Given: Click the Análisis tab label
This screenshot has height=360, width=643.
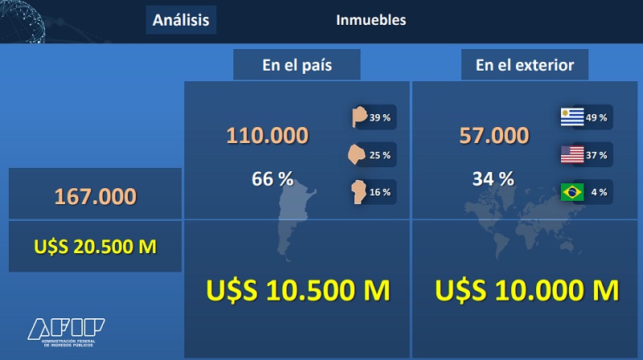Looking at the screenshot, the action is [x=181, y=20].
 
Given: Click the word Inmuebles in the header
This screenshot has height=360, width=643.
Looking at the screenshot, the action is [x=371, y=19].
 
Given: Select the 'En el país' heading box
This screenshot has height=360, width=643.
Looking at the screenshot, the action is [x=297, y=65].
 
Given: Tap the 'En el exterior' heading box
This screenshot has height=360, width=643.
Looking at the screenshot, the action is [x=525, y=65].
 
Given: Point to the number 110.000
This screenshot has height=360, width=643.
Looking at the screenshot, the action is [x=268, y=135].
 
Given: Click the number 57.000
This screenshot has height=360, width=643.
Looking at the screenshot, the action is [x=494, y=135].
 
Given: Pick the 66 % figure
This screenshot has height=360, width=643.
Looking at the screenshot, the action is [x=272, y=178].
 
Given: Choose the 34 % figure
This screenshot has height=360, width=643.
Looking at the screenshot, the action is [x=494, y=178].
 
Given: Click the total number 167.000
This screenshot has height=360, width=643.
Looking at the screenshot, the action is [x=95, y=196].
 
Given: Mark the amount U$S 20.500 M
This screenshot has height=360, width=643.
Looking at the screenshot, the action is [x=95, y=247].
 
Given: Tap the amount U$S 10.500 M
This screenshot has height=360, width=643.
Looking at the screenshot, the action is [x=298, y=290].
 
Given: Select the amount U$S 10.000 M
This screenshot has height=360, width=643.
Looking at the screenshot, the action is [x=527, y=290].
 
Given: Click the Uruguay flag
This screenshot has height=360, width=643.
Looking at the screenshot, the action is [x=572, y=117].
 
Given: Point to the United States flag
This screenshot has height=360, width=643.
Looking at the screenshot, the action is [x=572, y=154].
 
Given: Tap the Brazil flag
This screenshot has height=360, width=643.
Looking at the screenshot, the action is [x=572, y=192].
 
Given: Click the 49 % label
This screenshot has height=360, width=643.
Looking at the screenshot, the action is [x=596, y=117].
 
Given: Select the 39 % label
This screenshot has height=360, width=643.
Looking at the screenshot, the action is [x=379, y=117].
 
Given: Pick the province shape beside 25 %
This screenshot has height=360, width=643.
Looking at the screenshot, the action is [x=356, y=154].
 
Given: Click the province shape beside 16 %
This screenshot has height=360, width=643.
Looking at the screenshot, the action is [x=358, y=191].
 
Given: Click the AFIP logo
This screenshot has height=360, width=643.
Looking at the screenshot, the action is [x=66, y=332].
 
